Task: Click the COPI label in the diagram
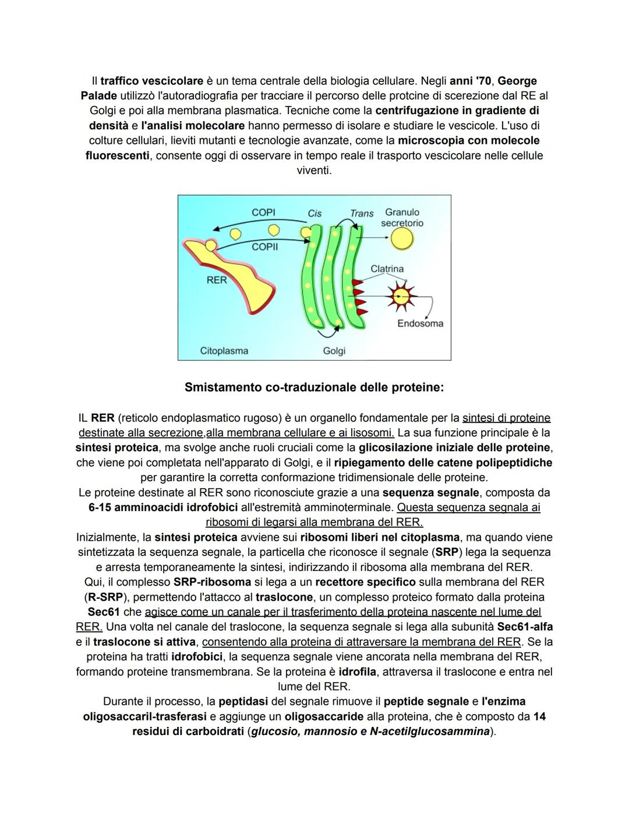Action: (263, 212)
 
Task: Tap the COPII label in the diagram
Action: (264, 247)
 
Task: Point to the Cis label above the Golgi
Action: (314, 214)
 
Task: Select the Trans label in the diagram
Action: (361, 214)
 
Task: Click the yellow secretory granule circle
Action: (402, 238)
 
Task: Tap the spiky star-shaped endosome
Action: (399, 296)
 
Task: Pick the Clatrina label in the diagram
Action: (387, 269)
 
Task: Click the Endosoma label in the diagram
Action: (420, 324)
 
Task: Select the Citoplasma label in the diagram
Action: (224, 351)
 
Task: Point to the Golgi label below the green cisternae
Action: (334, 351)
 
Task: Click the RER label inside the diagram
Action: (217, 280)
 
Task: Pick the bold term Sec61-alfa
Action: (525, 627)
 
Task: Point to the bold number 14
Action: (539, 716)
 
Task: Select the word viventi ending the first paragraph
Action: (314, 171)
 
